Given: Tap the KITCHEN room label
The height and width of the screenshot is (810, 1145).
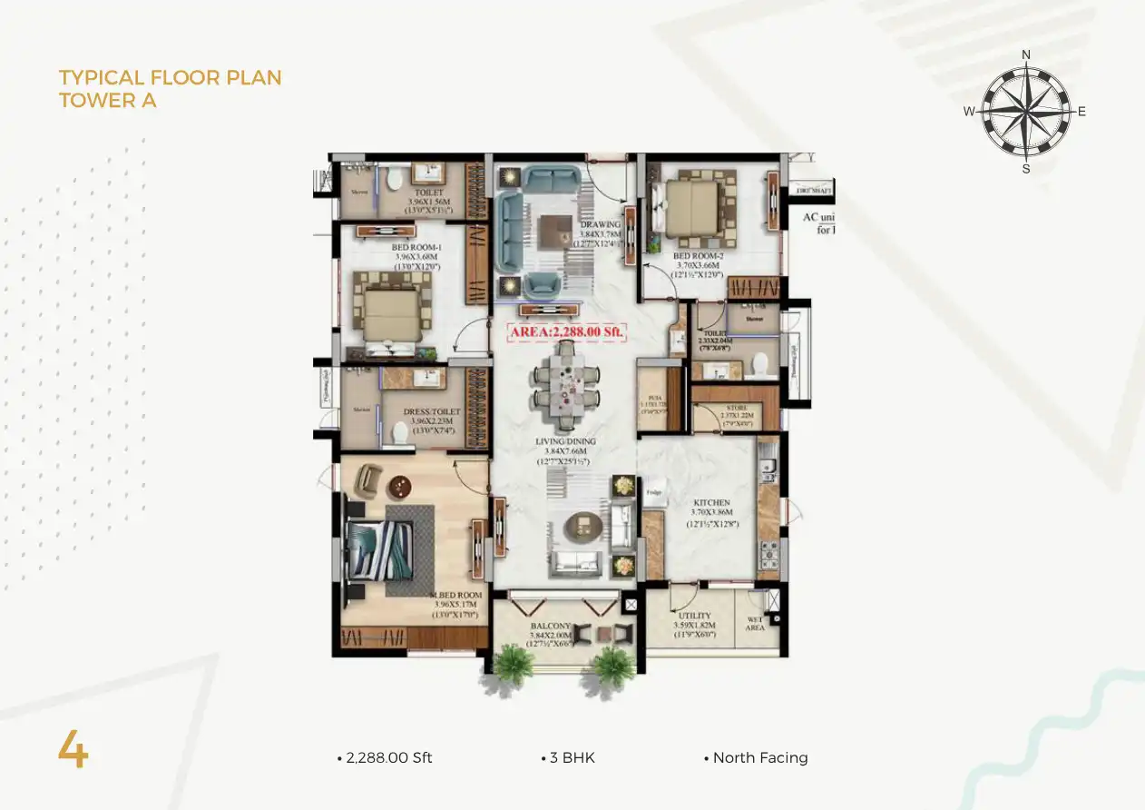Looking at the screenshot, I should coord(711,502).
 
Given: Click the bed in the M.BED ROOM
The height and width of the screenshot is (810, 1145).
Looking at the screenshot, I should coord(382,548).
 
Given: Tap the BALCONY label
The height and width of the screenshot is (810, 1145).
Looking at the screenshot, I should coord(551,627).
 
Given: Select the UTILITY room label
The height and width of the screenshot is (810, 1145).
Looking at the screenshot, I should coord(695,616).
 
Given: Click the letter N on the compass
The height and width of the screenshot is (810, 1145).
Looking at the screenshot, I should coord(1026,54).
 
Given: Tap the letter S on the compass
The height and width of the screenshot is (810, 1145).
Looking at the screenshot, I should coord(1026,169).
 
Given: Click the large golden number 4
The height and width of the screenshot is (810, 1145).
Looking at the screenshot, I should coord(73,750).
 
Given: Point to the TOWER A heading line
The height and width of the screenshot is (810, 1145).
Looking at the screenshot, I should coord(108,101).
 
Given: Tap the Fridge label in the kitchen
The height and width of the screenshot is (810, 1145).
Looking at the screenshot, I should coord(653,492).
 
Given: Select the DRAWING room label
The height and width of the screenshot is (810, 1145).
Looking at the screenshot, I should coord(601,225).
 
